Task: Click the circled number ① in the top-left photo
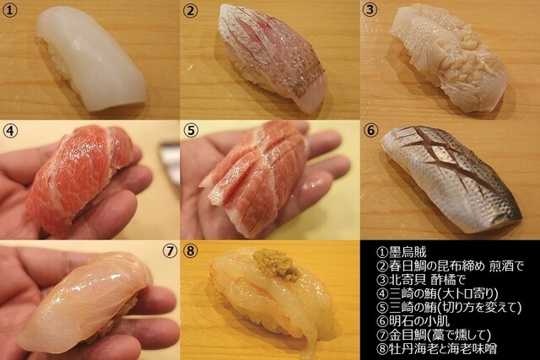9,10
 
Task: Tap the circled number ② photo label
190,10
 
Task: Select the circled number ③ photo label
370,9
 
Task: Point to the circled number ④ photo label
10,131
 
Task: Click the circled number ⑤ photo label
191,131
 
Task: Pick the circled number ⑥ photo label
370,130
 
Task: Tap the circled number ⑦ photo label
169,251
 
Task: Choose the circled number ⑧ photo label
191,251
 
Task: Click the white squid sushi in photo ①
90,58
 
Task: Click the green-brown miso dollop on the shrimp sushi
277,265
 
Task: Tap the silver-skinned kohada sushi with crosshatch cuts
452,175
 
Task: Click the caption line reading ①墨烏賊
402,252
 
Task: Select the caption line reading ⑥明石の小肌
413,321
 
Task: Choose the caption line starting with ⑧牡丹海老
437,349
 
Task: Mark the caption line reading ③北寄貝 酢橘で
421,279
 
